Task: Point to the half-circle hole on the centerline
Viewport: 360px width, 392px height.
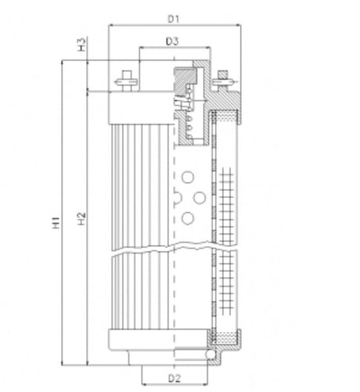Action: pyautogui.click(x=176, y=196)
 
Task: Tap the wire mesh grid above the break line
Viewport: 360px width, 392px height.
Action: pyautogui.click(x=228, y=203)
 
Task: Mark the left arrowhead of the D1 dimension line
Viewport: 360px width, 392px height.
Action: pyautogui.click(x=111, y=25)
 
